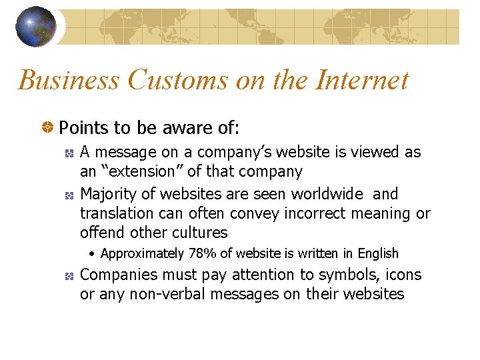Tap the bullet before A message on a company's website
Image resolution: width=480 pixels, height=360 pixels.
coord(69,153)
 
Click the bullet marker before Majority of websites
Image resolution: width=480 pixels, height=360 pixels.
coord(69,195)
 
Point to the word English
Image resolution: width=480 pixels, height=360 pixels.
coord(378,253)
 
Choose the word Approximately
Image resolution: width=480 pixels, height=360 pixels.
coord(142,253)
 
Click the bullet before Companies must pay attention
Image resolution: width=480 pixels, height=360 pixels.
coord(69,275)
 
